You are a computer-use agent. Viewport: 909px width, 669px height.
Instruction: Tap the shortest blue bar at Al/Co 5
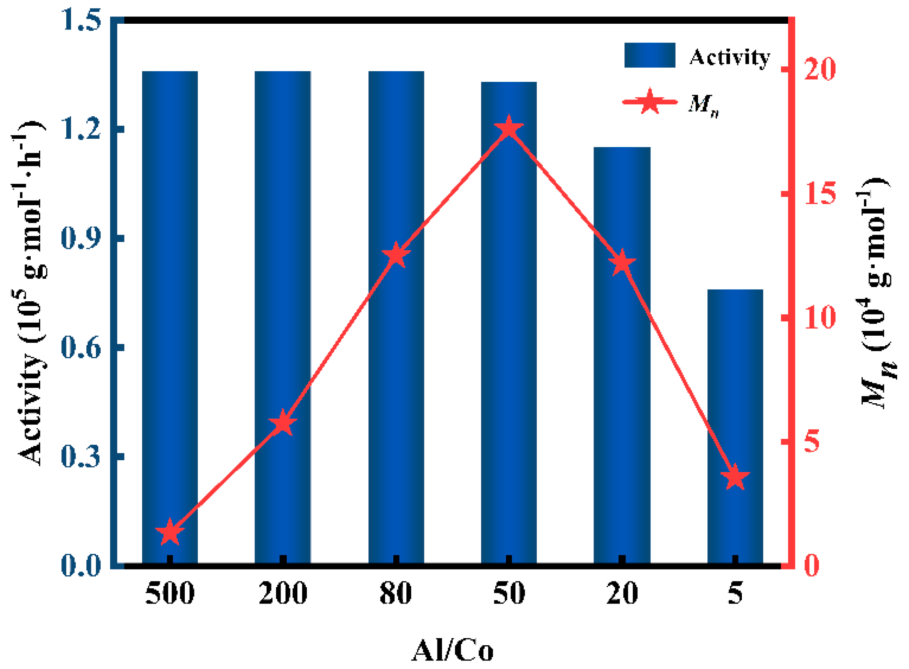coord(735,426)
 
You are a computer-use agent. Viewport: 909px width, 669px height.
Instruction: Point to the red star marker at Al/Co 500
coord(170,533)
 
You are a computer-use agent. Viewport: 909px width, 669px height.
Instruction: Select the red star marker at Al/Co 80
coord(396,255)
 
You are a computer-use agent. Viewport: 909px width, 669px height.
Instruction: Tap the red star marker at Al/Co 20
coord(622,263)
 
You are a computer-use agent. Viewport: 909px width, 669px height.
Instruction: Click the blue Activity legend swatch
coord(649,55)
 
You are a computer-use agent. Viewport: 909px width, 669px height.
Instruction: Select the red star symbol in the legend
coord(650,101)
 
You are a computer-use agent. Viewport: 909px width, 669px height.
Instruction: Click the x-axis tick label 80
coord(396,593)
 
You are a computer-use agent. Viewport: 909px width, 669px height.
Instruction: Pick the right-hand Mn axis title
coord(877,293)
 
